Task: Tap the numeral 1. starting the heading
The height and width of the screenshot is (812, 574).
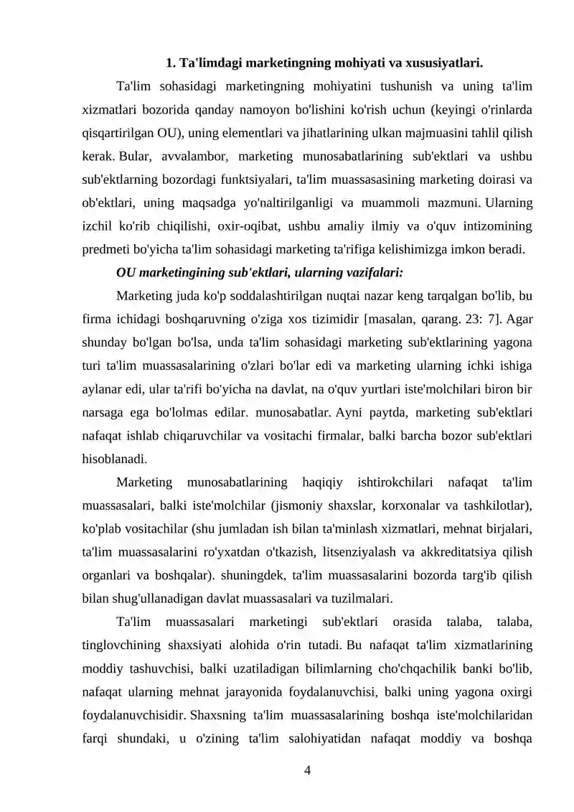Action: click(171, 62)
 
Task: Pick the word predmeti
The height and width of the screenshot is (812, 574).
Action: click(106, 250)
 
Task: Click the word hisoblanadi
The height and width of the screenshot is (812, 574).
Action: click(113, 459)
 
